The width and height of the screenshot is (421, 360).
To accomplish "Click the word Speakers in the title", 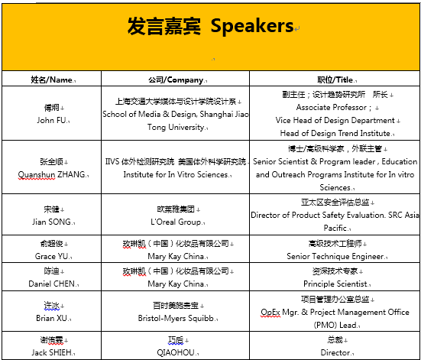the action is point(252,26).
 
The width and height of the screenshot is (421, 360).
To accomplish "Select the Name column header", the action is point(51,79).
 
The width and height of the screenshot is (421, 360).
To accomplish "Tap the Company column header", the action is point(176,79).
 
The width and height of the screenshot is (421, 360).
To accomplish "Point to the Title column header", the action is point(335,79).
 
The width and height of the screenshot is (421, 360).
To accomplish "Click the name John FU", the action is point(51,120).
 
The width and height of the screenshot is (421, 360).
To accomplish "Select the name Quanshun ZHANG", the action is point(51,174).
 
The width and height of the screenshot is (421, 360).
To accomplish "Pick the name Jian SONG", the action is point(51,222).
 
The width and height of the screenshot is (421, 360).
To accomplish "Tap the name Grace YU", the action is point(51,256).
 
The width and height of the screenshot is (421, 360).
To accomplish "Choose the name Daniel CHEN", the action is point(51,284).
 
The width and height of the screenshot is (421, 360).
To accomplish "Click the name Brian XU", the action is point(51,318).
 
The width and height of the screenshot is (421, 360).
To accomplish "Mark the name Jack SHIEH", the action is point(51,352).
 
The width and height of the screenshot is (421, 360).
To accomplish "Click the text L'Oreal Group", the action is point(176,222).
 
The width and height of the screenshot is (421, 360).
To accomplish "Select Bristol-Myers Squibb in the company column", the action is point(176,318).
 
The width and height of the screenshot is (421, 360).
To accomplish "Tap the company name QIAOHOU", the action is point(176,352).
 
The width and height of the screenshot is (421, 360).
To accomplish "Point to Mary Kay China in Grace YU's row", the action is point(176,256).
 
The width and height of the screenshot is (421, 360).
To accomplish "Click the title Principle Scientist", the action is point(335,284).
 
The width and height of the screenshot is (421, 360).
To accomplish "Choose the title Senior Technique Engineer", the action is point(335,256).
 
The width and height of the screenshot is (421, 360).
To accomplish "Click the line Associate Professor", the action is point(332,108).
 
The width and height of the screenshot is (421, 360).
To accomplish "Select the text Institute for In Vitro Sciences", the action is point(176,174).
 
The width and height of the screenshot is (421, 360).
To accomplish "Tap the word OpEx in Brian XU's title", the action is point(270,312).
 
